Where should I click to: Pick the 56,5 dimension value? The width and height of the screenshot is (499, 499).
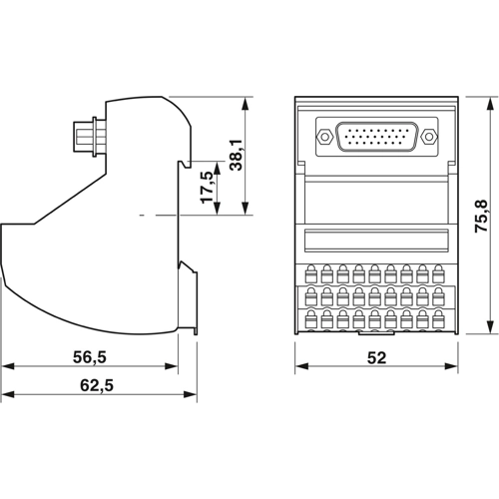click(89, 356)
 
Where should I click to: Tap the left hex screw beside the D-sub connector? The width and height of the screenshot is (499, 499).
click(323, 135)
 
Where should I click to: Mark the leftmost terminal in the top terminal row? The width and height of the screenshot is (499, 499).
click(310, 271)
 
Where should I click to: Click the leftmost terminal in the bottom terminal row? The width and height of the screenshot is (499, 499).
click(310, 320)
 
